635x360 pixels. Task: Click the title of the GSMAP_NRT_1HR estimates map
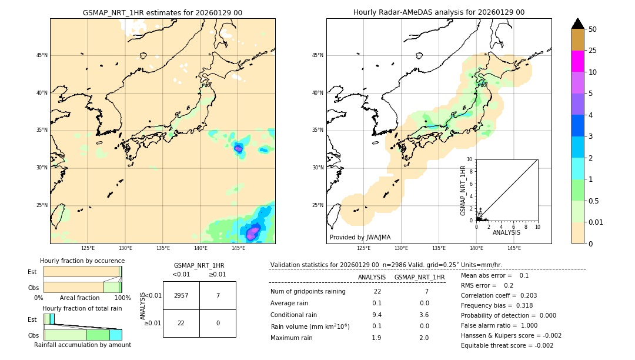162,12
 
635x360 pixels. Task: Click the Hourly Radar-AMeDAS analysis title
439,12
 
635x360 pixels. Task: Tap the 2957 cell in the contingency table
181,295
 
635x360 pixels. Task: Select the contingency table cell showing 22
181,323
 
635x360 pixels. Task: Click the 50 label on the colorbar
593,29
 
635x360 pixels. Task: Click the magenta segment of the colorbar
577,61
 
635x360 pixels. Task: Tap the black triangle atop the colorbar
577,24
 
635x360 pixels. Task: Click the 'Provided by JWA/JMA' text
360,238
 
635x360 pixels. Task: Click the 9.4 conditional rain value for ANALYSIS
377,314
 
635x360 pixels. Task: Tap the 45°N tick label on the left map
42,55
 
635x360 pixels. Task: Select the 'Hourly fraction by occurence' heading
82,261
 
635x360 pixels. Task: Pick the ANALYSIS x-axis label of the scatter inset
506,232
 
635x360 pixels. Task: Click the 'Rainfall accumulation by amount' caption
83,345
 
